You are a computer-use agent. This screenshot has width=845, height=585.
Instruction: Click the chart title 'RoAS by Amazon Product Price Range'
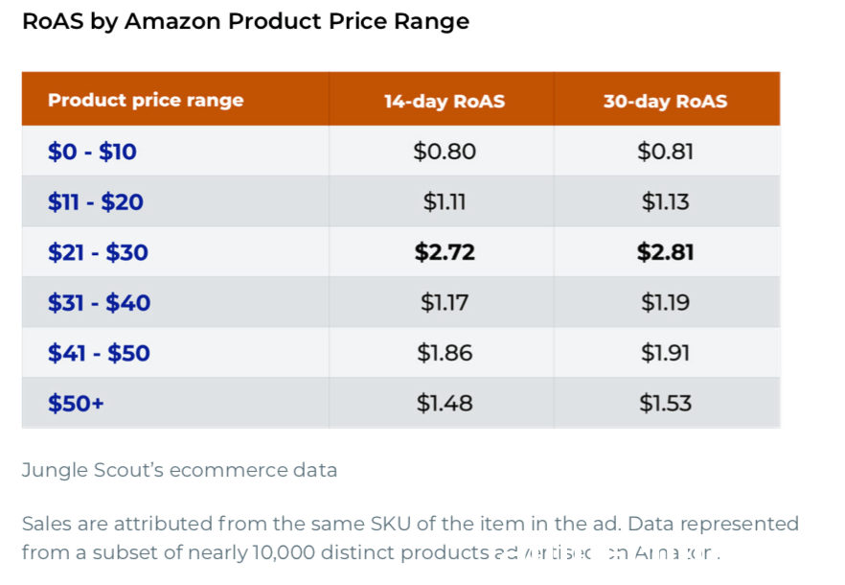(x=245, y=22)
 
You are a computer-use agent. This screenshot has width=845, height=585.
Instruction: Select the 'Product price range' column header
(x=146, y=101)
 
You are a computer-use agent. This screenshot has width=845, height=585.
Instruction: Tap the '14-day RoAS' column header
(x=445, y=101)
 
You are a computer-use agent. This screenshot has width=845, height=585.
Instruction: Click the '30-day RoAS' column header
(x=665, y=101)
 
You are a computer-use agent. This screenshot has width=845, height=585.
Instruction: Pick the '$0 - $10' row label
(x=92, y=152)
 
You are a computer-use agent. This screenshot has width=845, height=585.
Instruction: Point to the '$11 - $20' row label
(x=96, y=202)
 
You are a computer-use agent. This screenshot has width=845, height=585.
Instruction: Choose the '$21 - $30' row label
(x=98, y=253)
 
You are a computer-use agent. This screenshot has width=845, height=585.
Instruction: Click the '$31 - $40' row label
(x=99, y=303)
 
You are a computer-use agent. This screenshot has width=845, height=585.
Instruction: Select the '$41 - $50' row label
(x=99, y=353)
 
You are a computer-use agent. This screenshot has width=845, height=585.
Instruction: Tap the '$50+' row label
(x=76, y=404)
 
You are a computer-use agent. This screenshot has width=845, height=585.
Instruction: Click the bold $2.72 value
(x=445, y=253)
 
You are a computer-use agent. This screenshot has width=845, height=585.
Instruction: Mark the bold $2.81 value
(x=665, y=253)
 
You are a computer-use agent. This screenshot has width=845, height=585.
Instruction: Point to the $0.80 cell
(x=445, y=152)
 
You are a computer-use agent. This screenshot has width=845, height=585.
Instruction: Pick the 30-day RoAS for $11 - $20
(x=665, y=202)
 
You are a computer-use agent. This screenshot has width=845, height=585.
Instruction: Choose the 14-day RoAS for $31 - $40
(x=445, y=303)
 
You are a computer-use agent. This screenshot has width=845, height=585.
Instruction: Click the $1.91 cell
(x=665, y=353)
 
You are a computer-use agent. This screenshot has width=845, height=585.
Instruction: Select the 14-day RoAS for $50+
(x=445, y=404)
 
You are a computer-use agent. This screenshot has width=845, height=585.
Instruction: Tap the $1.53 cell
(x=665, y=404)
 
